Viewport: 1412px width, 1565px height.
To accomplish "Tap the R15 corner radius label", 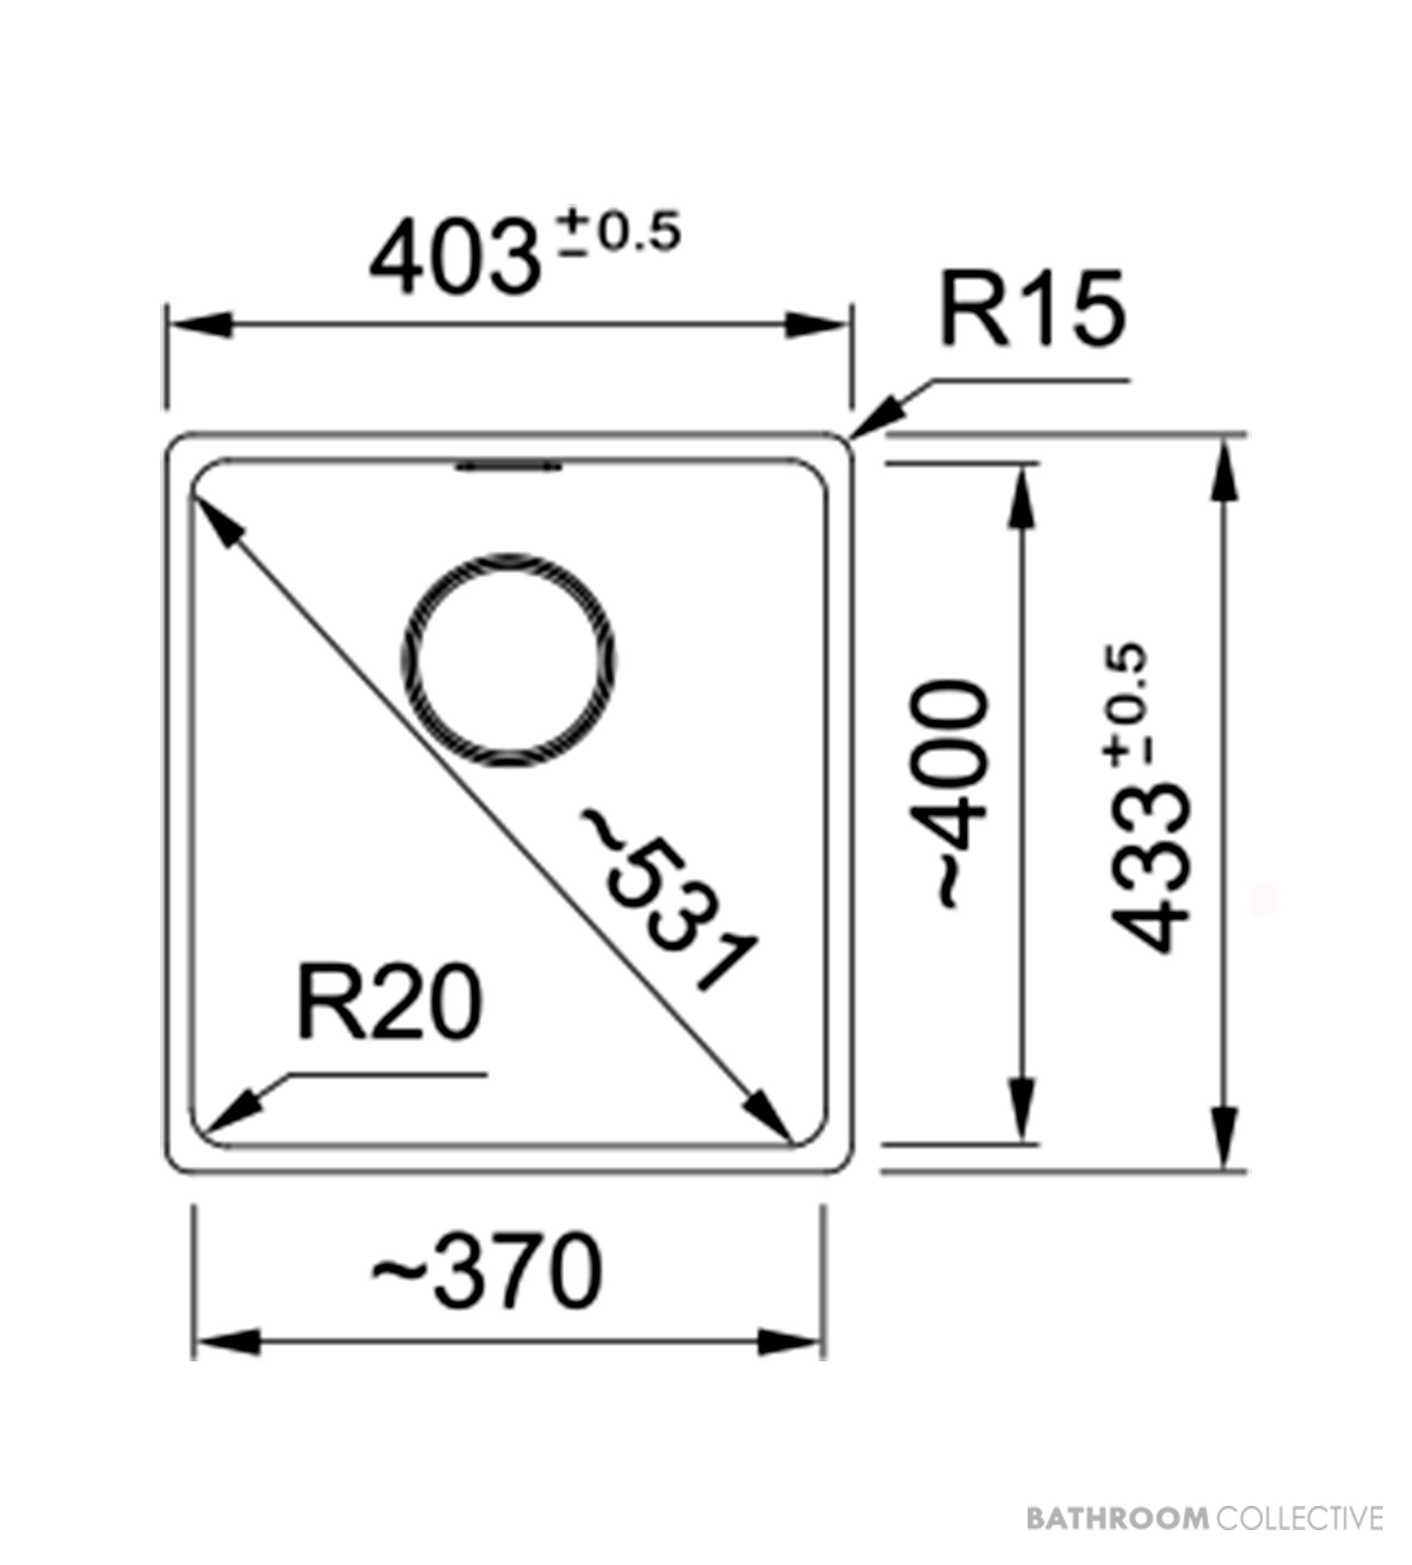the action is point(1032,308).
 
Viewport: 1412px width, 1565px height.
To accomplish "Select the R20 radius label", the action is point(389,1003).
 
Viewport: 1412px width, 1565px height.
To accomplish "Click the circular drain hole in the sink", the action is point(509,661).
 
